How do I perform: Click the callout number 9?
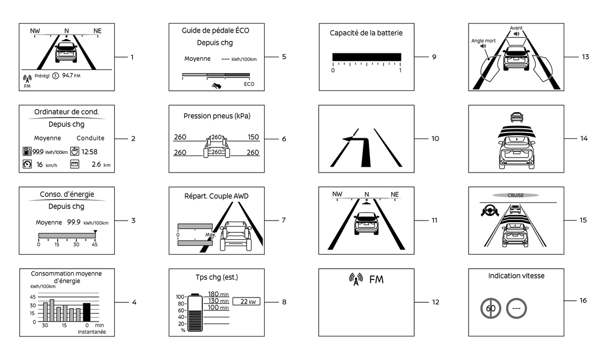point(434,56)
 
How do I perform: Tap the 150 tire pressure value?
point(253,137)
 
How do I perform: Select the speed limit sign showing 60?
point(491,308)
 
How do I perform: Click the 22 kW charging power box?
point(247,302)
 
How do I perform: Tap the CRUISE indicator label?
point(516,195)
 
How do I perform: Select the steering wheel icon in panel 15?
point(489,212)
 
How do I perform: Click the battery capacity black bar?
point(366,57)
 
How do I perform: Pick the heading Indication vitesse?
point(516,276)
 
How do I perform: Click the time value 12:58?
point(89,152)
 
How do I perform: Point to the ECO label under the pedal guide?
point(249,84)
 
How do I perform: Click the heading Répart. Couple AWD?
point(216,196)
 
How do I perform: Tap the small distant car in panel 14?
point(516,117)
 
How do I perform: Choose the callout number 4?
point(135,302)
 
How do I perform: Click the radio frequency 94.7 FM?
point(71,75)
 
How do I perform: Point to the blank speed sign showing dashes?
point(516,308)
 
